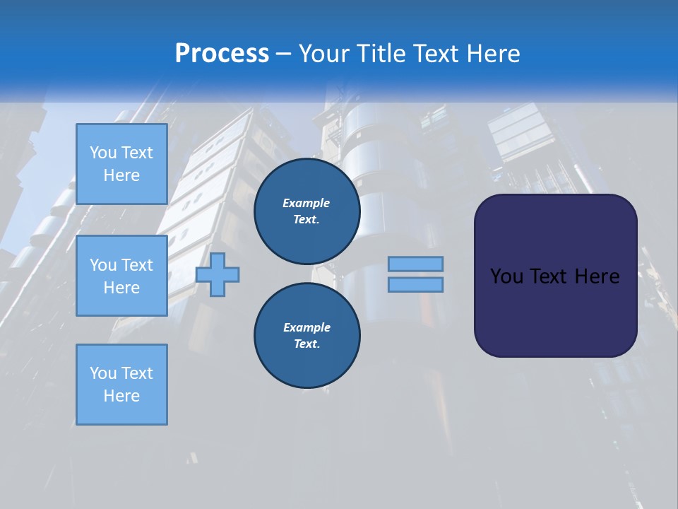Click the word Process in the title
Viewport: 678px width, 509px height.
pyautogui.click(x=222, y=54)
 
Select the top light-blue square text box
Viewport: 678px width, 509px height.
pyautogui.click(x=121, y=164)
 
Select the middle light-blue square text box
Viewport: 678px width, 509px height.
pyautogui.click(x=121, y=276)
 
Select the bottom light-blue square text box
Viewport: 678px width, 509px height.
pyautogui.click(x=121, y=385)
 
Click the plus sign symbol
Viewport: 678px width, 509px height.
pyautogui.click(x=218, y=274)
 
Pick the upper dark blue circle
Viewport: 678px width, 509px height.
pyautogui.click(x=307, y=211)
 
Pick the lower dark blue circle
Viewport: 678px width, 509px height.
pyautogui.click(x=307, y=335)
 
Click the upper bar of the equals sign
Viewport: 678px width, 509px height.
pyautogui.click(x=415, y=264)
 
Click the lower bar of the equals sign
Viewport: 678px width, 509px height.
pyautogui.click(x=415, y=284)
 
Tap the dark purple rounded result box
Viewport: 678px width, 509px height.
pyautogui.click(x=555, y=311)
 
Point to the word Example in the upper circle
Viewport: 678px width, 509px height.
pyautogui.click(x=306, y=203)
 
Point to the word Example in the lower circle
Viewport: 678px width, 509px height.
pyautogui.click(x=306, y=327)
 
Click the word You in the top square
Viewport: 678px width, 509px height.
pyautogui.click(x=102, y=153)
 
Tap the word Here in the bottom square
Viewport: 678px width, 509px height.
pyautogui.click(x=121, y=396)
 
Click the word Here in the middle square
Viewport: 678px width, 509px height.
pyautogui.click(x=121, y=288)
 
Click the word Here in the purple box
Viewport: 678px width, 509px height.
pyautogui.click(x=597, y=276)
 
